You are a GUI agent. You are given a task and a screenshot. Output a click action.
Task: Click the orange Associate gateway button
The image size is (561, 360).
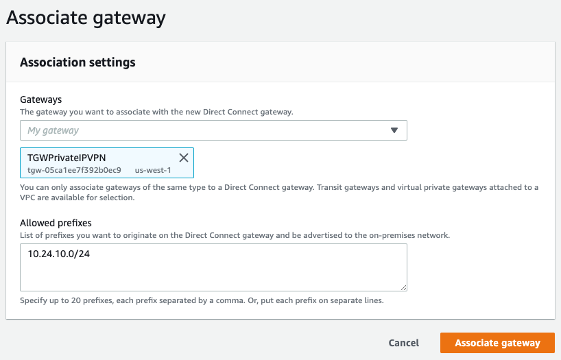(x=497, y=343)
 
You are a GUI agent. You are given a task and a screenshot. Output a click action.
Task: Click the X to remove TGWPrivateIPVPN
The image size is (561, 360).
(x=184, y=158)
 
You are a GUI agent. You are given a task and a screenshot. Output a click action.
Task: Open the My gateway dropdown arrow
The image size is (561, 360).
(x=394, y=130)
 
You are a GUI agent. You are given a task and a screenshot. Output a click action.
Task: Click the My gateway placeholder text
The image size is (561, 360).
(x=53, y=130)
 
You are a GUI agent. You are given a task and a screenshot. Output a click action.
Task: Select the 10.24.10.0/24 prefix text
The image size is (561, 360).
(x=59, y=254)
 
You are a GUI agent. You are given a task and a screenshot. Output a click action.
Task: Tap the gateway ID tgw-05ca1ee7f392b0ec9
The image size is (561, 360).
(x=74, y=170)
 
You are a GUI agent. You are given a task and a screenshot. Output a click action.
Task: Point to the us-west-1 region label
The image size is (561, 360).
(x=153, y=170)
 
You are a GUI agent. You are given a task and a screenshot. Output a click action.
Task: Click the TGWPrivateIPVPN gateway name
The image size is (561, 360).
(x=67, y=158)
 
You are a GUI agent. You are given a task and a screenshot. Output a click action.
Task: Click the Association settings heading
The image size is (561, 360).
(x=77, y=62)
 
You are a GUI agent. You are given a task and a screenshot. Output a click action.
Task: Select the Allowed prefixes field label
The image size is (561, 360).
(x=56, y=223)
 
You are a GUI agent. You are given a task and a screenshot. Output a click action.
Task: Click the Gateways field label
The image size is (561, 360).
(x=40, y=99)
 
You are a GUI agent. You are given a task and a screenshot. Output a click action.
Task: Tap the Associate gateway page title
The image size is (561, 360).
(x=86, y=18)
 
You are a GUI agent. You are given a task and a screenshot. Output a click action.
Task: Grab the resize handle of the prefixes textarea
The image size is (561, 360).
(x=403, y=287)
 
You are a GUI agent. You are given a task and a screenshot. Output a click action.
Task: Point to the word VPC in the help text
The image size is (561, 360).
(x=27, y=197)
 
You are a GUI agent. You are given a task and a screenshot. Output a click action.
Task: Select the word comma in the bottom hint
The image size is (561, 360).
(x=232, y=300)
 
